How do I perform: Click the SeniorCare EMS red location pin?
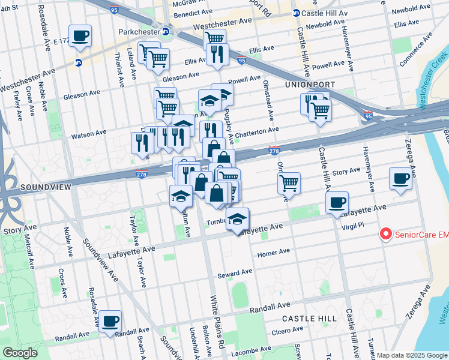tap(385, 234)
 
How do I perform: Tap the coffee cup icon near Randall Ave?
tap(110, 320)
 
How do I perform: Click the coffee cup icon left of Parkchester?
tap(80, 35)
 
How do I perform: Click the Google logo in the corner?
tap(20, 353)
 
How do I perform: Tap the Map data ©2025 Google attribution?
tap(412, 355)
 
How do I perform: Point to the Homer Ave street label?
tap(273, 253)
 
